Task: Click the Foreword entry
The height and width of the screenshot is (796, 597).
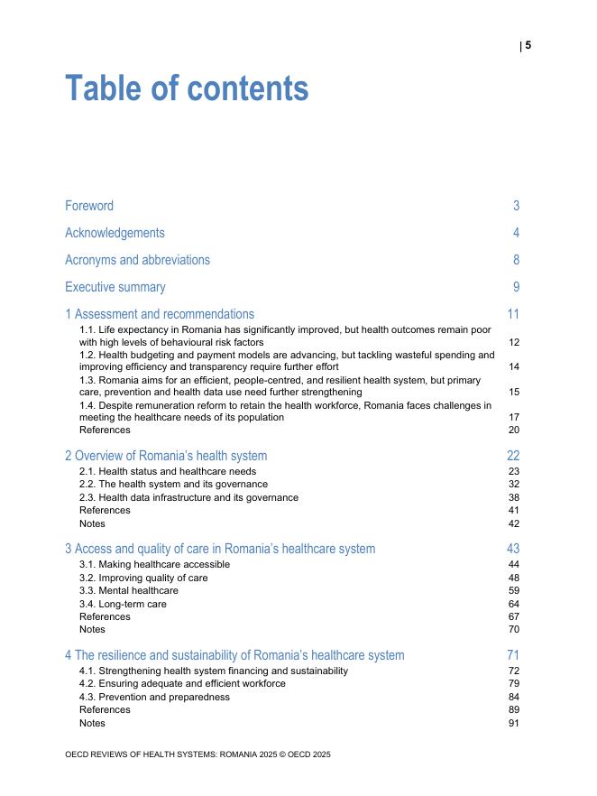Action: click(89, 206)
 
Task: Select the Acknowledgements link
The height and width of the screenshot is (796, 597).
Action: click(115, 233)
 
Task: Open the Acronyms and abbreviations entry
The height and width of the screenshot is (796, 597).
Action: click(137, 260)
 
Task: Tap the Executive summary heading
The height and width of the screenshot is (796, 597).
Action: click(115, 287)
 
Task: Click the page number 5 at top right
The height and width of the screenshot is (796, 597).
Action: click(528, 45)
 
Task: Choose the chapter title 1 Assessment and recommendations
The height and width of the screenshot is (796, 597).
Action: click(160, 314)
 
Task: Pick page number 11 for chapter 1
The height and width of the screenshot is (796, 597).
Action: click(513, 314)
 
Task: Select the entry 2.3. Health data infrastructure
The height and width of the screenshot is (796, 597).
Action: click(188, 497)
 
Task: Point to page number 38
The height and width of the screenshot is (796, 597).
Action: click(514, 497)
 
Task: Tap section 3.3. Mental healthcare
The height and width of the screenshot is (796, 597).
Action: click(129, 590)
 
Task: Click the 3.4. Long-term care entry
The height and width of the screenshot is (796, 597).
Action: click(123, 604)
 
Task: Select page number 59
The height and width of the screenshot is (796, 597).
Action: click(514, 590)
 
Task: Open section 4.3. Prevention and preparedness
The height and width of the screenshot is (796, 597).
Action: click(154, 697)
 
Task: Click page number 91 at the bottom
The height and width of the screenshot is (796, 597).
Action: click(514, 723)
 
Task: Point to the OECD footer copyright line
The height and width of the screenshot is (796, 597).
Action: click(197, 754)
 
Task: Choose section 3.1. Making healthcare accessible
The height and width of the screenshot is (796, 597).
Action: click(154, 564)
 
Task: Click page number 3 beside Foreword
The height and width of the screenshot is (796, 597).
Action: click(517, 206)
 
